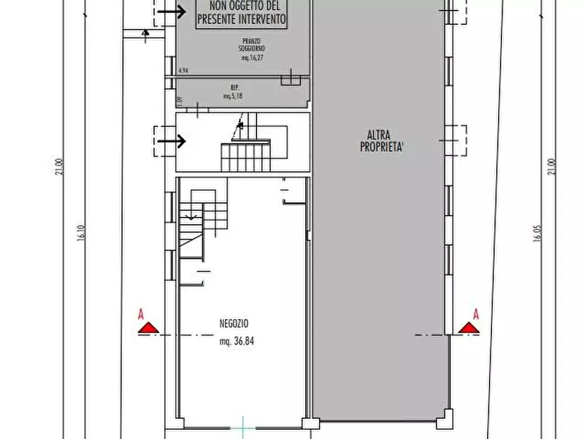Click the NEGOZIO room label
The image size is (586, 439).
[x=234, y=323]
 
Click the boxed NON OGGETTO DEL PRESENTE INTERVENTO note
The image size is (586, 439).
[x=241, y=14]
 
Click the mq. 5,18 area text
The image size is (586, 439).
[x=233, y=96]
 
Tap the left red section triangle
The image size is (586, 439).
[x=149, y=328]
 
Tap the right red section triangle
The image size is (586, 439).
[x=469, y=328]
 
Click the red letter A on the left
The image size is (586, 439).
[x=140, y=314]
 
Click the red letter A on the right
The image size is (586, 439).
[x=476, y=314]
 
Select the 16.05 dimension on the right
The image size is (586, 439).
[x=537, y=234]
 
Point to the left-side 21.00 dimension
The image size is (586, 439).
[x=59, y=166]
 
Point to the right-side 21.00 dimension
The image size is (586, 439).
[x=553, y=166]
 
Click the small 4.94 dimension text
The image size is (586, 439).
[x=184, y=69]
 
